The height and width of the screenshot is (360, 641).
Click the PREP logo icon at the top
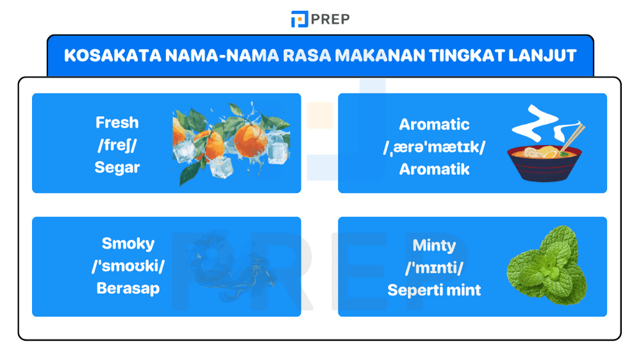(x=299, y=19)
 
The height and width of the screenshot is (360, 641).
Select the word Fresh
(x=117, y=122)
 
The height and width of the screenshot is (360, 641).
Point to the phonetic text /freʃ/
(x=117, y=145)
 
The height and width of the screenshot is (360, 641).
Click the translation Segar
(x=117, y=168)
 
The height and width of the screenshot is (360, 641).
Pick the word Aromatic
(x=434, y=124)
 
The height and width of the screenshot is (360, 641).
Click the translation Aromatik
(x=434, y=169)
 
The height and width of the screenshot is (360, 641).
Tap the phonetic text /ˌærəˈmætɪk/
(x=434, y=147)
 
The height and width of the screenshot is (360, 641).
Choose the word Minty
(x=434, y=245)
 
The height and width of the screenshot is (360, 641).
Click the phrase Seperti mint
(x=434, y=290)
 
